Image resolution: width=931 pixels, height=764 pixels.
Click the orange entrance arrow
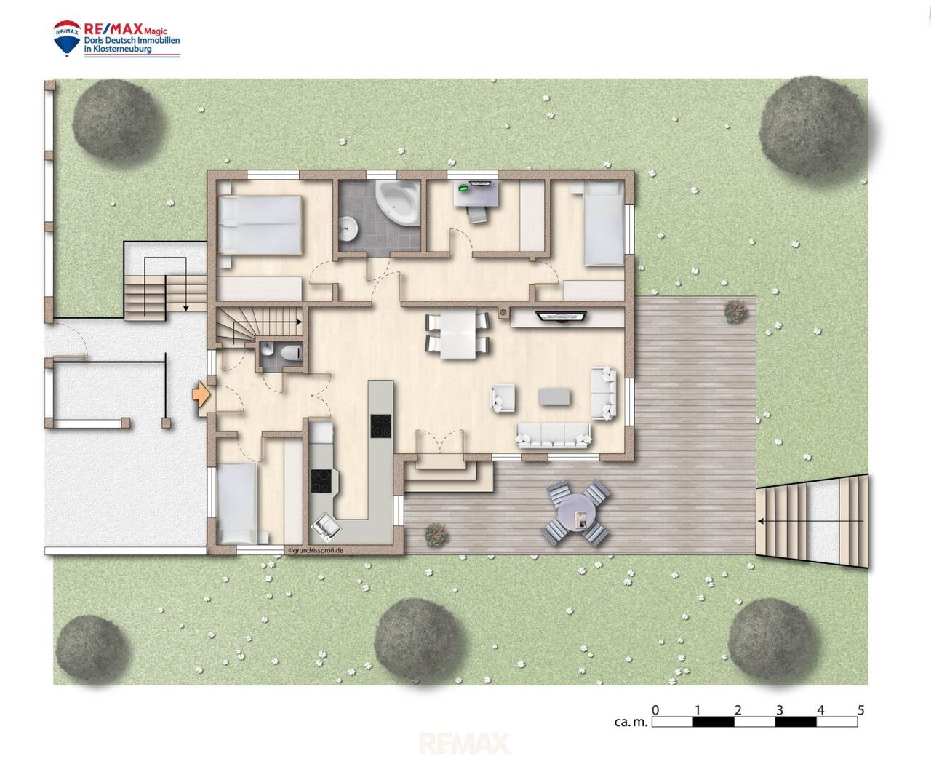(x=201, y=395)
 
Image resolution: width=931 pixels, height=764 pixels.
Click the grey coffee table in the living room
(x=554, y=397)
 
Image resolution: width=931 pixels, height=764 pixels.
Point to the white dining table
(x=457, y=333)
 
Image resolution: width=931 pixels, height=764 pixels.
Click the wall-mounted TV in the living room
(x=561, y=316)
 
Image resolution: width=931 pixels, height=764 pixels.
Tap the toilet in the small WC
(x=291, y=352)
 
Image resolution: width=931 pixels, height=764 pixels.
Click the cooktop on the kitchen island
(x=380, y=426)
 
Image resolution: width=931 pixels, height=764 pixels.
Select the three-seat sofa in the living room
(x=553, y=435)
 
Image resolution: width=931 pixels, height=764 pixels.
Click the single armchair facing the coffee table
(x=503, y=398)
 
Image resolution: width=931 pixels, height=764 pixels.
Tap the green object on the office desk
(x=463, y=188)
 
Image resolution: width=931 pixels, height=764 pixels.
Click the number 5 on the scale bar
(x=860, y=709)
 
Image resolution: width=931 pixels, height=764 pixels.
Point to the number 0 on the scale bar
(x=655, y=709)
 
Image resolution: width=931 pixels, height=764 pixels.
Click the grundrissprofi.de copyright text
(x=315, y=550)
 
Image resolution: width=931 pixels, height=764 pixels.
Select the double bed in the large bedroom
(x=260, y=225)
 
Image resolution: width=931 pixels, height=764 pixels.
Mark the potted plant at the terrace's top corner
(x=735, y=311)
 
